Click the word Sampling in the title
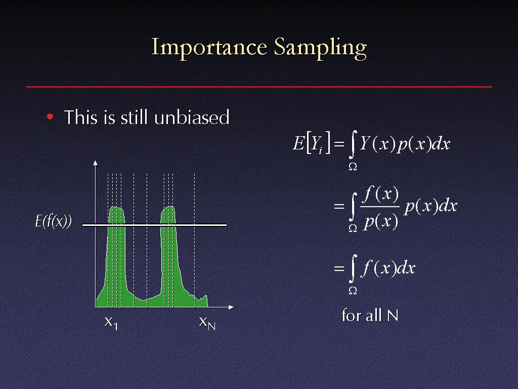pos(320,48)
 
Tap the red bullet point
pos(50,116)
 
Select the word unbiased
pos(192,117)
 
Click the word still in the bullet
pos(134,117)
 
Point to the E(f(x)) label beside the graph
pos(53,221)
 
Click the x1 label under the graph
pos(111,323)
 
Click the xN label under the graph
pos(207,323)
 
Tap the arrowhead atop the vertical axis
pos(96,163)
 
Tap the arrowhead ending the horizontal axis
pos(231,307)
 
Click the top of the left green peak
pos(116,207)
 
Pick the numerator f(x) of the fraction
pos(380,194)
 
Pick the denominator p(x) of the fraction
pos(380,221)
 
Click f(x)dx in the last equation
pos(388,267)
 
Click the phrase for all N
pos(370,315)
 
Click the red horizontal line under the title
pos(259,87)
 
